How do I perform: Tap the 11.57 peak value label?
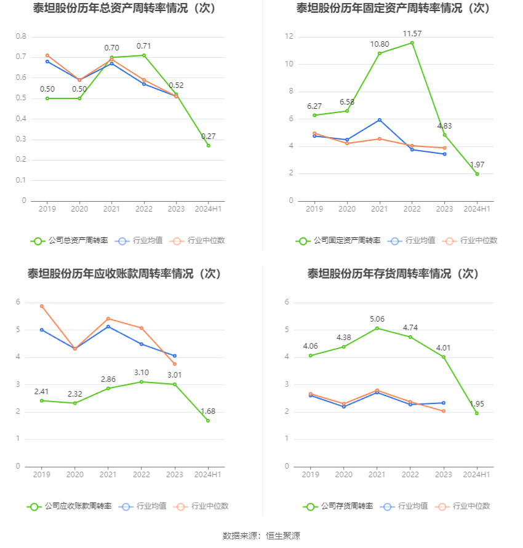pyautogui.click(x=412, y=33)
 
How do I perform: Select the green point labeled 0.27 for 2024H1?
pyautogui.click(x=208, y=146)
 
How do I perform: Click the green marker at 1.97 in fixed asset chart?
pyautogui.click(x=477, y=174)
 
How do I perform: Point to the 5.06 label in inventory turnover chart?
pyautogui.click(x=377, y=319)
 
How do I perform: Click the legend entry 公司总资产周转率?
pyautogui.click(x=69, y=240)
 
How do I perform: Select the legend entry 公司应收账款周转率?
pyautogui.click(x=69, y=506)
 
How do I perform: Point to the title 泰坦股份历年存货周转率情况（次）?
pyautogui.click(x=393, y=274)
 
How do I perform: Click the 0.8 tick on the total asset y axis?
pyautogui.click(x=21, y=37)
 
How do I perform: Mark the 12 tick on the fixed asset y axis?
pyautogui.click(x=289, y=37)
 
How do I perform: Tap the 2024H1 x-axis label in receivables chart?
pyautogui.click(x=207, y=475)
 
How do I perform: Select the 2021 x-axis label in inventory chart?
pyautogui.click(x=377, y=475)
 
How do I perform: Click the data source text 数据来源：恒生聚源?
pyautogui.click(x=261, y=536)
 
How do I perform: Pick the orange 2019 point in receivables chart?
pyautogui.click(x=42, y=306)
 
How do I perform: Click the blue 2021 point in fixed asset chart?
pyautogui.click(x=380, y=120)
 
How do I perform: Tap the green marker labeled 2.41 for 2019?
pyautogui.click(x=42, y=400)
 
